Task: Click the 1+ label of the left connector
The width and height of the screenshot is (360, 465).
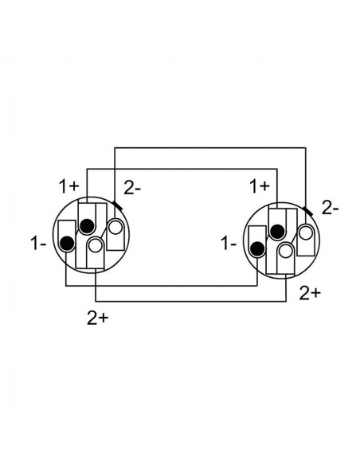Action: click(68, 186)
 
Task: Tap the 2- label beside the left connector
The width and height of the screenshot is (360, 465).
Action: click(132, 188)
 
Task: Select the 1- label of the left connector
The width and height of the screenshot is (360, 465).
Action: click(38, 243)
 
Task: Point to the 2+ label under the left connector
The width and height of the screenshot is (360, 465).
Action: click(98, 318)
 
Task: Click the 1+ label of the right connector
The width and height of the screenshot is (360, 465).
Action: click(260, 186)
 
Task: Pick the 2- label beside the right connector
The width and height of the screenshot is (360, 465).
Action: click(330, 209)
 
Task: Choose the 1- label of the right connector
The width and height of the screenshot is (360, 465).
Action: click(229, 244)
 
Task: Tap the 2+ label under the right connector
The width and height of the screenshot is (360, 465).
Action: click(310, 293)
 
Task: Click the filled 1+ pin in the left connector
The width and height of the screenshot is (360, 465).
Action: click(87, 226)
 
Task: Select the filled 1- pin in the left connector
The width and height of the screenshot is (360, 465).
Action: click(67, 244)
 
